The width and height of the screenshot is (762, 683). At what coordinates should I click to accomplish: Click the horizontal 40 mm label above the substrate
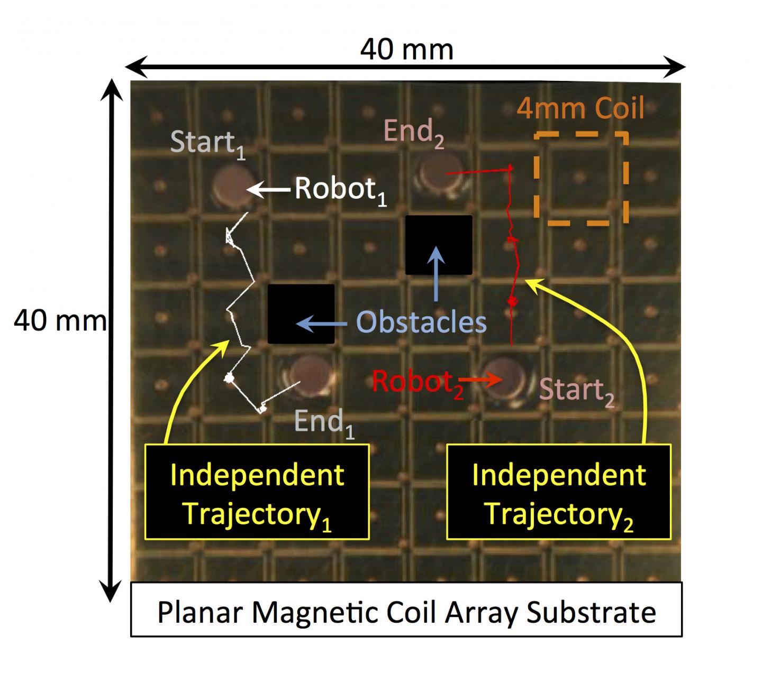pos(406,50)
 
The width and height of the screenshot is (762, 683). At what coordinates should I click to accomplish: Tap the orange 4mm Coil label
pos(580,108)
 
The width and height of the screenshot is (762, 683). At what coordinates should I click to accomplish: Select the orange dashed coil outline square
pos(582,178)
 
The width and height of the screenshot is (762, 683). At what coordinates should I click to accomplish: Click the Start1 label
pos(208,145)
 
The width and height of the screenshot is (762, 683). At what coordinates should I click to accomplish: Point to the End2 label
pos(414,133)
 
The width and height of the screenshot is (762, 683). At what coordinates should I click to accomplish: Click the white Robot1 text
pos(340,191)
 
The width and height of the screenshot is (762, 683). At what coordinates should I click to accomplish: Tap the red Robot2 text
pos(417,384)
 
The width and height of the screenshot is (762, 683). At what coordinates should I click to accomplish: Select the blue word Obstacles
pos(421,322)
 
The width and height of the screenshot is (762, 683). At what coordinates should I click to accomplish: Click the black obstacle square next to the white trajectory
pos(301,313)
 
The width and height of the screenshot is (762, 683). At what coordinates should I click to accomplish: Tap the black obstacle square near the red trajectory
pos(439,245)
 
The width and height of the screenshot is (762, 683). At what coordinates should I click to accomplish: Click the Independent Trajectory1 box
pos(257,492)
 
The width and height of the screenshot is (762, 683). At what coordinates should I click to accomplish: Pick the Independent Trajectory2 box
pos(558,492)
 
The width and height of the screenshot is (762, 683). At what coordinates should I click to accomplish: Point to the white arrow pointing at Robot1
pos(268,190)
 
